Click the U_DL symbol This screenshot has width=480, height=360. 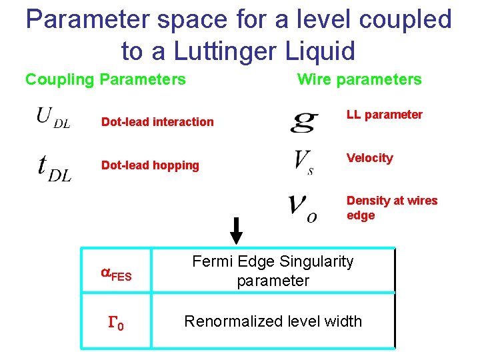(53, 119)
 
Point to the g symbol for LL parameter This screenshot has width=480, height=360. (304, 121)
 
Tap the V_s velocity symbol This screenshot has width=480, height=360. (303, 161)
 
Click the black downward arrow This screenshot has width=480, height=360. (236, 231)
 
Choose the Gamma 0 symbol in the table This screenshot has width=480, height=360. (116, 325)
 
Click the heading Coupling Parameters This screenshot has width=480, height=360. (105, 80)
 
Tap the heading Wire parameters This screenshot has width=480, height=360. (359, 80)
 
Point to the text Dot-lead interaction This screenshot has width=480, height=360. (157, 121)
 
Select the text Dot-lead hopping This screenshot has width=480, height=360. (150, 165)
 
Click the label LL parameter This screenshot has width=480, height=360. (385, 115)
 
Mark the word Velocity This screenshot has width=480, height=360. (369, 158)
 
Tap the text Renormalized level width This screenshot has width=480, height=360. (273, 321)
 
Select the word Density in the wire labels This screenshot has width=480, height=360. (367, 201)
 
